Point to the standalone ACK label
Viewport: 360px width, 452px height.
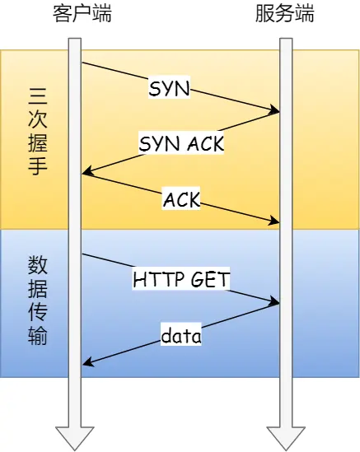(182, 198)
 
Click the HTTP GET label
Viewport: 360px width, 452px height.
(181, 280)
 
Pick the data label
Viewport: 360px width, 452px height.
(181, 335)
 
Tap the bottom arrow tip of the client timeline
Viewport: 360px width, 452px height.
(75, 449)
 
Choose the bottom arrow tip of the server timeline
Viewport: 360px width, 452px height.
(285, 449)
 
